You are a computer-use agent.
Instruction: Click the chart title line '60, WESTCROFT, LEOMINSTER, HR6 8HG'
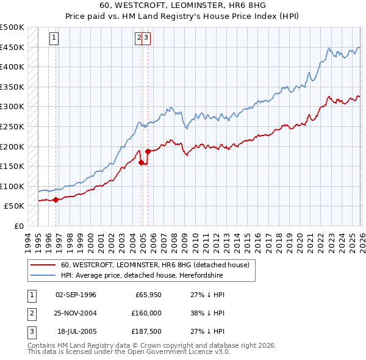183,6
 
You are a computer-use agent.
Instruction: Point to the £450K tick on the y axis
12,48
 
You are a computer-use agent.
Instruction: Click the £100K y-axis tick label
12,187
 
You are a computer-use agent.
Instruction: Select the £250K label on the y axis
12,127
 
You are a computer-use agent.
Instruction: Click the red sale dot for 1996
56,200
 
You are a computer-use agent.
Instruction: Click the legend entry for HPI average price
142,276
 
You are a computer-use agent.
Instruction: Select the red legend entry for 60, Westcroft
155,265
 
